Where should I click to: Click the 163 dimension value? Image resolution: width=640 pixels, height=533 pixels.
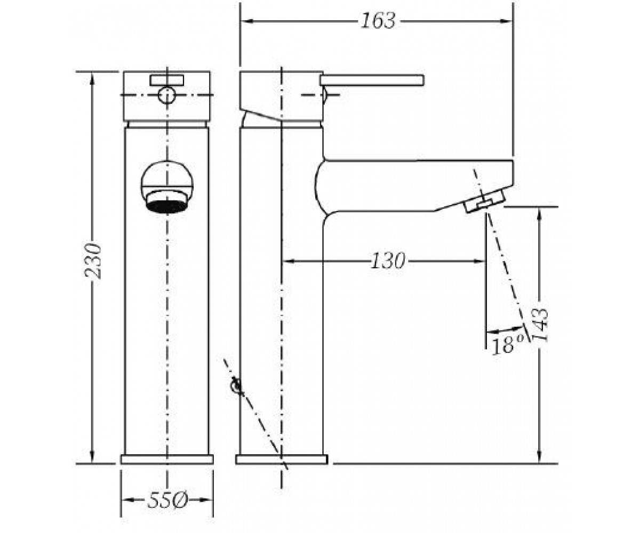(x=378, y=21)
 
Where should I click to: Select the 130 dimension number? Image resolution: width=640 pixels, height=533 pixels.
(x=388, y=261)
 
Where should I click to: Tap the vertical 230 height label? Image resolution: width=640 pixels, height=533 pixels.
(x=93, y=261)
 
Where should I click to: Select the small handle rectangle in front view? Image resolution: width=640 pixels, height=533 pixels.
(x=167, y=80)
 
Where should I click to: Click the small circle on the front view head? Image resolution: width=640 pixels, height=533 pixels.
(x=167, y=95)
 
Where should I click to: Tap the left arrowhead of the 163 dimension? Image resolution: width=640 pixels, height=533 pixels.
(x=247, y=21)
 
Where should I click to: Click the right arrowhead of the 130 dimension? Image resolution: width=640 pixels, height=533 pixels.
(x=479, y=261)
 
